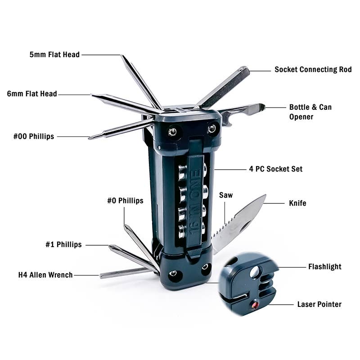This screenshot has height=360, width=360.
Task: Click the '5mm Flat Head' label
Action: (54, 55)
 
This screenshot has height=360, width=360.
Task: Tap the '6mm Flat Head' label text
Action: (32, 94)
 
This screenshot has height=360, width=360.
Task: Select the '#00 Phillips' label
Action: (34, 136)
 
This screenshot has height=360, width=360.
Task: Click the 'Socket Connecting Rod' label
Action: (313, 70)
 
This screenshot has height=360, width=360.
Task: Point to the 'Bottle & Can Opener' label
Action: (310, 112)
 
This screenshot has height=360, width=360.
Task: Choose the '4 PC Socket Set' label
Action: (276, 169)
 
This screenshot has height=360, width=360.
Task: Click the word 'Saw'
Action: (226, 195)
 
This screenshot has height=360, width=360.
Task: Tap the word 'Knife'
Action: (297, 203)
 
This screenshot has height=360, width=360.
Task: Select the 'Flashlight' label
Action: (324, 266)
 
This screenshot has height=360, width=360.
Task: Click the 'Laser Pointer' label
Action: (319, 304)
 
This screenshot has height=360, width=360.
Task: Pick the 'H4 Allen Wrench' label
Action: (45, 275)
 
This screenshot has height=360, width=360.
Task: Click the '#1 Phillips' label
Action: (63, 245)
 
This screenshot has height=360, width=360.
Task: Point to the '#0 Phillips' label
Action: (125, 201)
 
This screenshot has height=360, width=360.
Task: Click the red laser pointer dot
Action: (255, 306)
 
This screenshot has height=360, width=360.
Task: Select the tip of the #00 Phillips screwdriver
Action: (90, 137)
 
